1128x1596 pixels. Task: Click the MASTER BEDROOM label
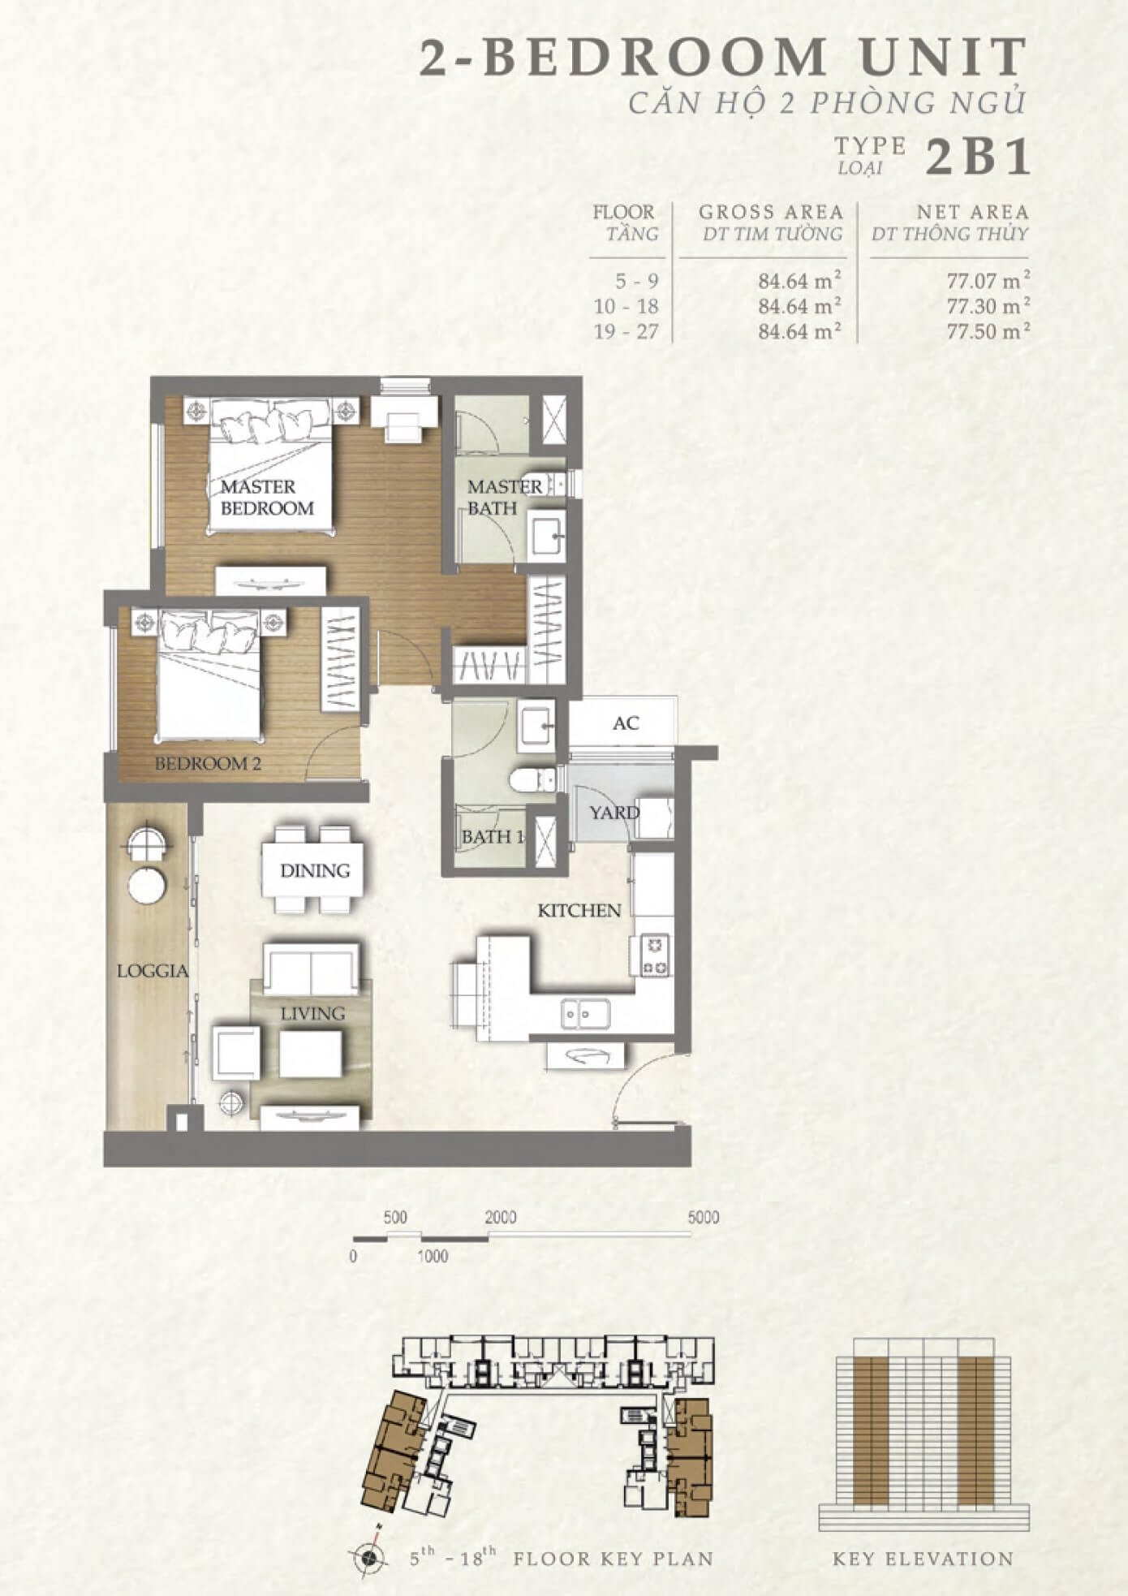[x=267, y=498]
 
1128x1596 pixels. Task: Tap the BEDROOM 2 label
[x=208, y=764]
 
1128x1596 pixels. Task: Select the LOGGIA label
[x=153, y=971]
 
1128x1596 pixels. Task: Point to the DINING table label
[x=315, y=871]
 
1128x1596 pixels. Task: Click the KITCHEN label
[x=579, y=911]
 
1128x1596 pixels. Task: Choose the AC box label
[x=626, y=723]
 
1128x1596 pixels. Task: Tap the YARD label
[x=614, y=812]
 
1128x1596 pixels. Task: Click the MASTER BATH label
[x=504, y=498]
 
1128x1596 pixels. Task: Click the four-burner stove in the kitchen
[x=656, y=955]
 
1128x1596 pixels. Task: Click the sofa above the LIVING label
[x=311, y=968]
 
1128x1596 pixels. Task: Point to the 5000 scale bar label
[x=703, y=1218]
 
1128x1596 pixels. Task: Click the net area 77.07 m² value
[x=988, y=281]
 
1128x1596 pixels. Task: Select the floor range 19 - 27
[x=626, y=331]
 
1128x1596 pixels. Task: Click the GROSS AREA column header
[x=771, y=212]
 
